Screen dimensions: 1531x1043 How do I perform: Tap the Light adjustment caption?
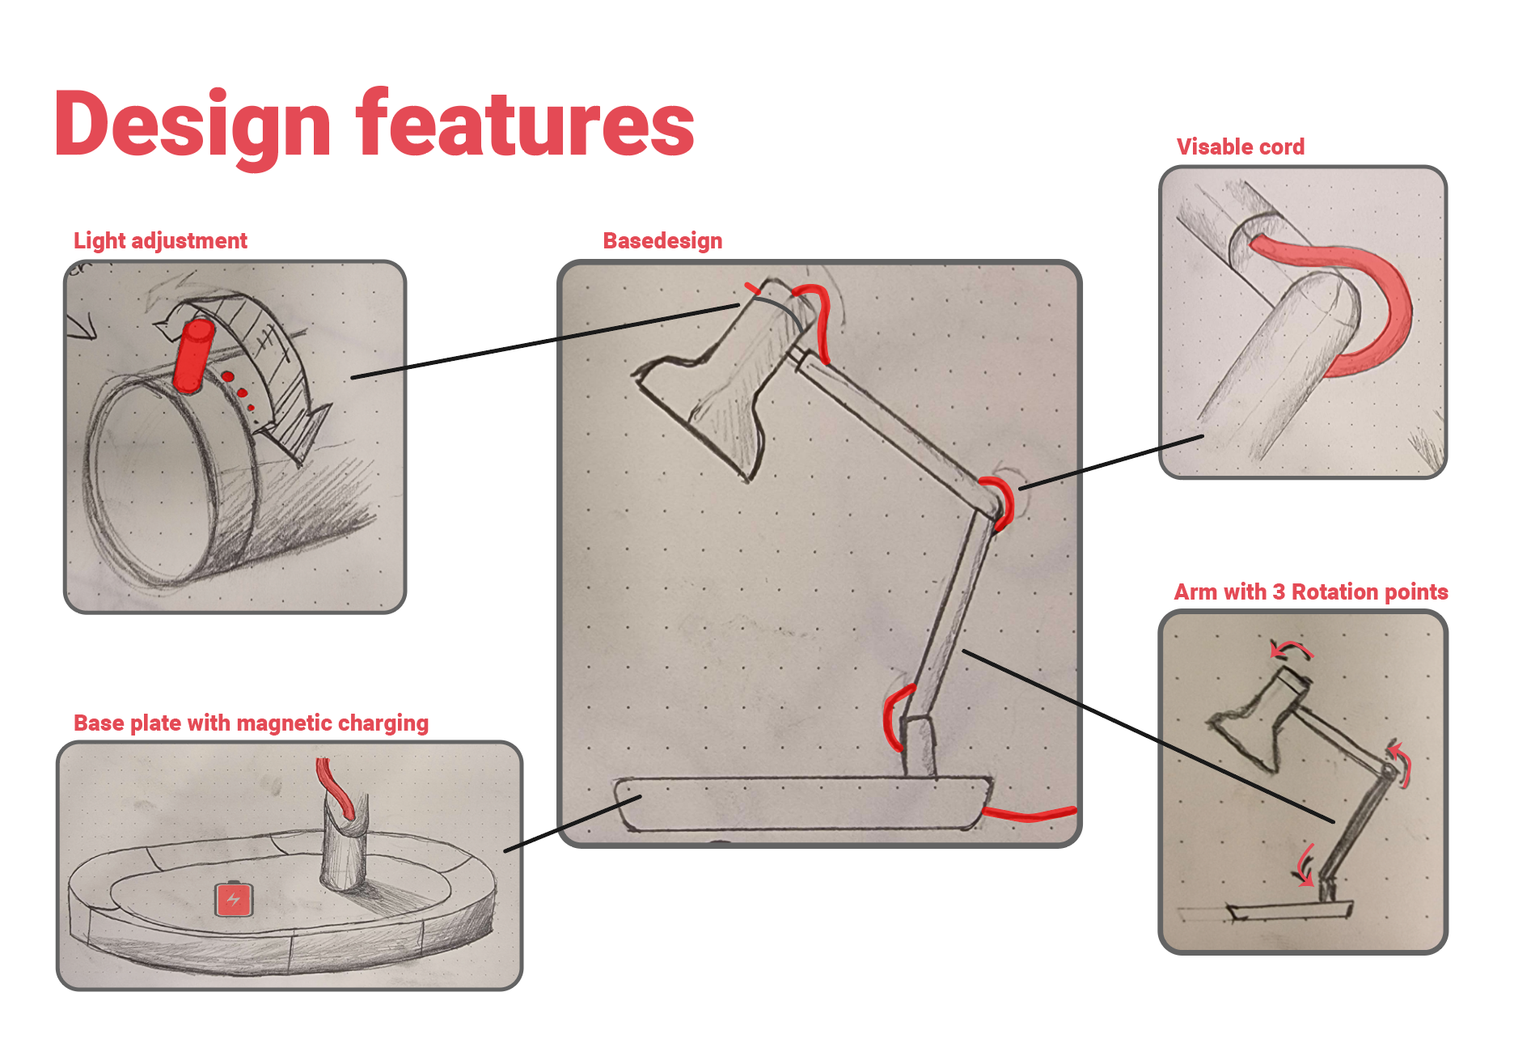[160, 241]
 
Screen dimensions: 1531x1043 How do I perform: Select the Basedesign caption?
[662, 241]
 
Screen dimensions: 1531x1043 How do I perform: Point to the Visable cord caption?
[1240, 146]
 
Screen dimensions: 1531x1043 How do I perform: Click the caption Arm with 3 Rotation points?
[1310, 591]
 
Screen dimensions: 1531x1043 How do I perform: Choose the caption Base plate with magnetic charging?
[251, 723]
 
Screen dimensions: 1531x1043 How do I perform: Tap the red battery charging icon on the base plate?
[234, 899]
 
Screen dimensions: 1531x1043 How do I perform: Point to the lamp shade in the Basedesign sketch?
[716, 380]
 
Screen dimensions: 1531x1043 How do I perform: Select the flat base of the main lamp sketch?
[803, 803]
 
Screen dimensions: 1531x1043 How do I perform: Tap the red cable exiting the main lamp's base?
[1029, 812]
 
